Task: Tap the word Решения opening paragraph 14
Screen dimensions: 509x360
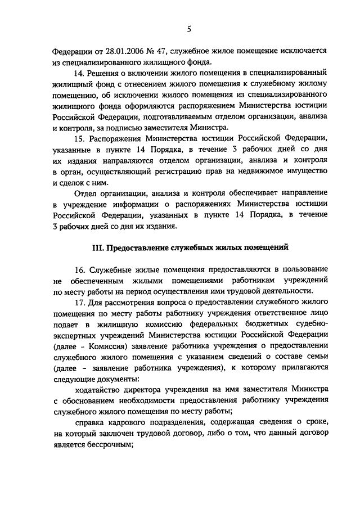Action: (104, 73)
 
